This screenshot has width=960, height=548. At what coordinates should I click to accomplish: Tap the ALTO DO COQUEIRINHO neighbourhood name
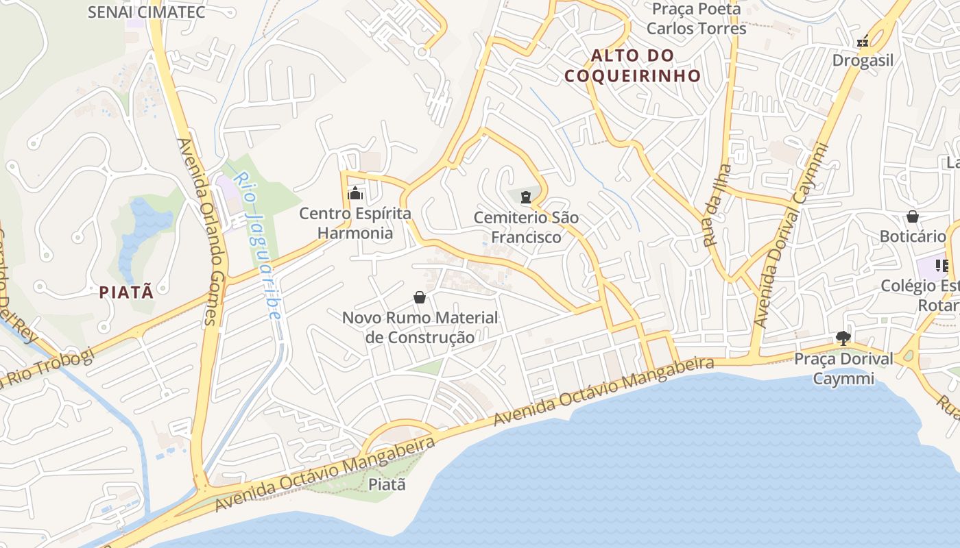632,65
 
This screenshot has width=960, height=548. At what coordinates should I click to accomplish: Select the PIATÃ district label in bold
126,292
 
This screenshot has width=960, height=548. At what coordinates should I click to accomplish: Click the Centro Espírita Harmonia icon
355,194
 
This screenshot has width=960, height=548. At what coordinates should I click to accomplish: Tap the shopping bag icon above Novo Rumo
420,297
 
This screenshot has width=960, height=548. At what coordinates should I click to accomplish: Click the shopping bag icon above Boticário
913,217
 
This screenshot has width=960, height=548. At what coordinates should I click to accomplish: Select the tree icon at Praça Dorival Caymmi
843,338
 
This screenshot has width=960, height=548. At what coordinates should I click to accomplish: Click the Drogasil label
863,60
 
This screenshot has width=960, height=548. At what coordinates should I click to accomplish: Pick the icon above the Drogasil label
863,42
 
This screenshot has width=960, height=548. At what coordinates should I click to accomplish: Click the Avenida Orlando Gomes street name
197,232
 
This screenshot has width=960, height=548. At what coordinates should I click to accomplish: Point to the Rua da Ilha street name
717,206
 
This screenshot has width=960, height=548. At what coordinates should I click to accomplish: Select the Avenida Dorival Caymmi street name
791,236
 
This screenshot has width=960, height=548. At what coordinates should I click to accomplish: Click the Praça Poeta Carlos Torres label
696,18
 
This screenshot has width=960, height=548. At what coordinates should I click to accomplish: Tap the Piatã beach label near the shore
387,484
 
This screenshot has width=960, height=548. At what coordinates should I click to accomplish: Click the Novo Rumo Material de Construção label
420,327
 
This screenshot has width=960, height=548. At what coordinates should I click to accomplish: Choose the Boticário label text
913,236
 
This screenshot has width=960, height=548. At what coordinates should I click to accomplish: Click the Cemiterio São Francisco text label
526,227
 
